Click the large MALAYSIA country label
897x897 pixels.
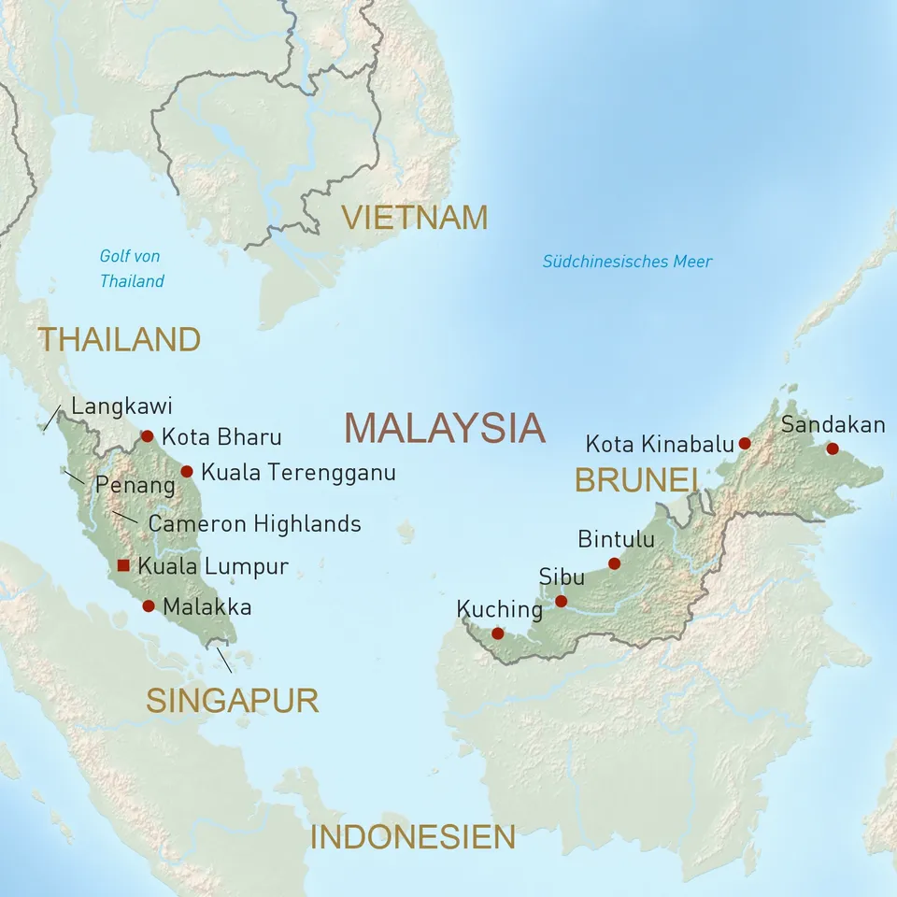[444, 427]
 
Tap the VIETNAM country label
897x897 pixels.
[414, 217]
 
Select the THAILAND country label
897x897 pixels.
[119, 339]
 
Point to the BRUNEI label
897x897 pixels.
[636, 479]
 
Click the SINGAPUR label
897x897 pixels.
[232, 700]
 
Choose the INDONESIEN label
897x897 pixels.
[412, 837]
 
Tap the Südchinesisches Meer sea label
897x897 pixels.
[627, 262]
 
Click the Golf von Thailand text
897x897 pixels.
[132, 268]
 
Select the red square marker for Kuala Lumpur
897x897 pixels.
[123, 565]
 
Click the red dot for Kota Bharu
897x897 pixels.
[147, 435]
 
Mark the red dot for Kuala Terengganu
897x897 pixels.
[187, 471]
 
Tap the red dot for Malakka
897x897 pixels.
[148, 605]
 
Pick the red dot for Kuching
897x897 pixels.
[497, 633]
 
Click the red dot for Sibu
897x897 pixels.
[561, 601]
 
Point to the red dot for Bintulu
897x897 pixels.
[614, 562]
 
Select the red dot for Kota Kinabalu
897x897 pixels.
[745, 443]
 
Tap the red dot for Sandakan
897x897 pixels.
[833, 448]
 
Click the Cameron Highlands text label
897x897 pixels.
[254, 523]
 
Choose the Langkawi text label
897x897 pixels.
[121, 406]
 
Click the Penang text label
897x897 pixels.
[135, 485]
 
